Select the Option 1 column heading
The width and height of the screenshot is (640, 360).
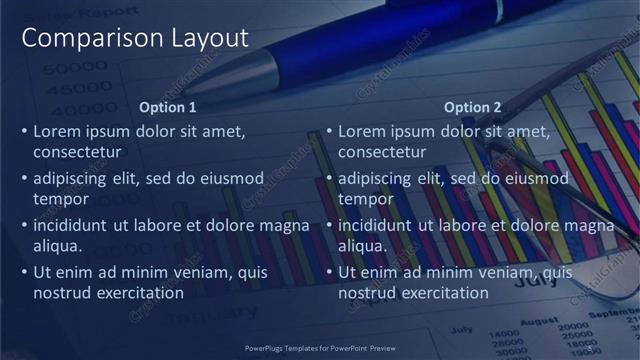point(168,107)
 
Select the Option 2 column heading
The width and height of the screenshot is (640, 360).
point(473,107)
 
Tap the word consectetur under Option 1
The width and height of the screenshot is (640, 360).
point(78,152)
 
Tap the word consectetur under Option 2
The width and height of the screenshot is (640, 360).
point(382,152)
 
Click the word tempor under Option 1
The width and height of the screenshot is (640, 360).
point(61,199)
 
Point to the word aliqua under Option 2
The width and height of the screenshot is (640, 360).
point(363,246)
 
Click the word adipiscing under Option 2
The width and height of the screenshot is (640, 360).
point(376,178)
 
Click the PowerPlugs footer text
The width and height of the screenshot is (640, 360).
point(320,349)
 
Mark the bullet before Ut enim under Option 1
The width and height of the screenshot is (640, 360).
point(25,272)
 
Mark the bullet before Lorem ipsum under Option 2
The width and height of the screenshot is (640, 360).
point(330,131)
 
